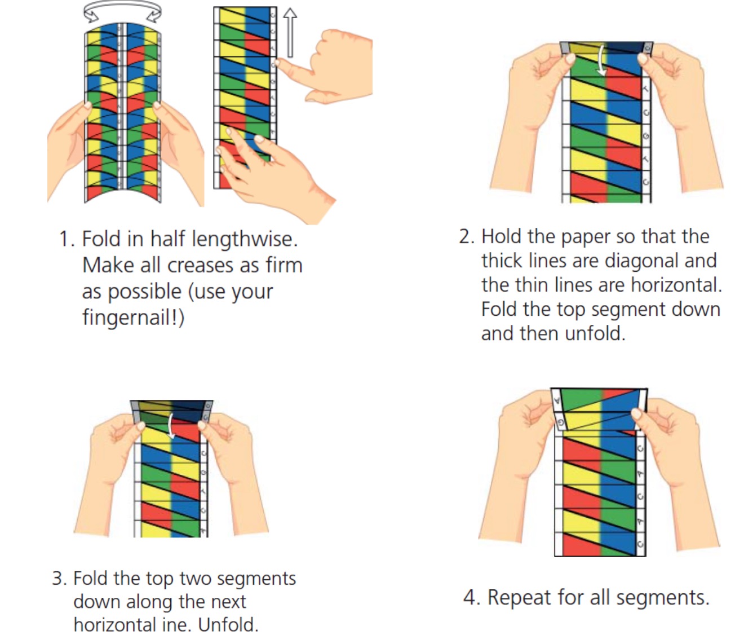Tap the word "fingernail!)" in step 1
(133, 318)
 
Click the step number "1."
(67, 240)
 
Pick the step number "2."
(467, 237)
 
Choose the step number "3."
(59, 579)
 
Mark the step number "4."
(471, 597)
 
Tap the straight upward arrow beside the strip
(289, 33)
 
